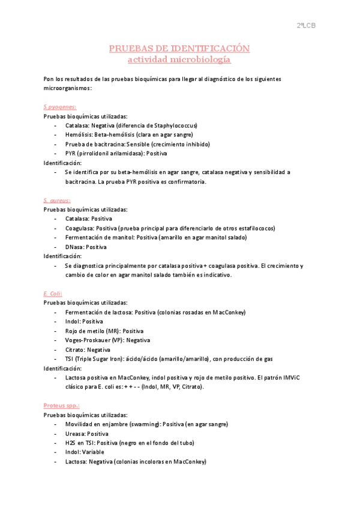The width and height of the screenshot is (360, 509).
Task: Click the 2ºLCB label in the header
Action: (x=306, y=25)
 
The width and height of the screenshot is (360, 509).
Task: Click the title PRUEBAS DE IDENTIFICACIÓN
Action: (x=179, y=48)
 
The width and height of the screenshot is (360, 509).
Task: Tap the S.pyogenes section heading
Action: (x=56, y=107)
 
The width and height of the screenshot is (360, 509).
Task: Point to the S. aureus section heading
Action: (x=57, y=200)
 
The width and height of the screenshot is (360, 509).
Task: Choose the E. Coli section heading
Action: (x=53, y=294)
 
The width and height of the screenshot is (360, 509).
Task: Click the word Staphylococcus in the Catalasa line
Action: (x=175, y=125)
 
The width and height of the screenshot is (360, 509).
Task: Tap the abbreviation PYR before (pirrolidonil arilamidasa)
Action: (x=71, y=154)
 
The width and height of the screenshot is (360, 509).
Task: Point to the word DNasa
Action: (x=74, y=247)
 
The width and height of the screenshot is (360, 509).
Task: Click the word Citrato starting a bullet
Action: (x=76, y=349)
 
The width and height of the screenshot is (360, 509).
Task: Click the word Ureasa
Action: (x=76, y=433)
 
